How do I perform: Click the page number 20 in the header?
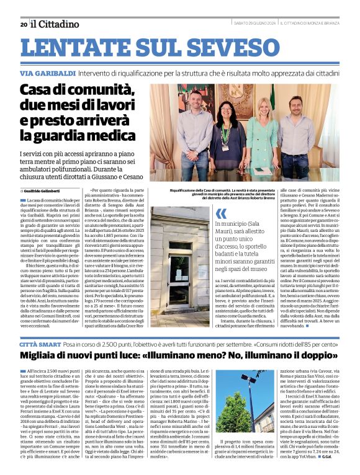click(x=24, y=24)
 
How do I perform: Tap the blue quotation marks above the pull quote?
click(x=221, y=214)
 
